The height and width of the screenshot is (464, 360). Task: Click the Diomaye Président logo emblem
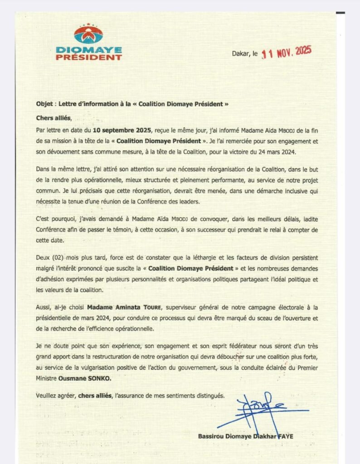point(88,34)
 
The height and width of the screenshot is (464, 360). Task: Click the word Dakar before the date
point(241,53)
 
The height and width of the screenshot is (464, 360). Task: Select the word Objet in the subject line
point(44,104)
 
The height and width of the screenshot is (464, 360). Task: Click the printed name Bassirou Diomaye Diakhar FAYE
point(245,436)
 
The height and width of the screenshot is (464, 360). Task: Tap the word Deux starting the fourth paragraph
point(43,257)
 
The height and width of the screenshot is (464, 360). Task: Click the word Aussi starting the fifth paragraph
point(44,308)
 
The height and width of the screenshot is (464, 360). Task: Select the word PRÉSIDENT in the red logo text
point(89,58)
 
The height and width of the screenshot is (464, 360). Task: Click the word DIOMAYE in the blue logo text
point(89,49)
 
